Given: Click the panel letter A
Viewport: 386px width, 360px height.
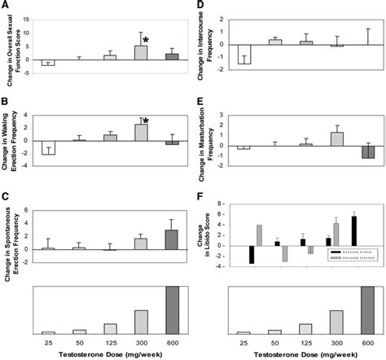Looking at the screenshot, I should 5,6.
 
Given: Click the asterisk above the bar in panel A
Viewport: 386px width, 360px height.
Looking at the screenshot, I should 146,39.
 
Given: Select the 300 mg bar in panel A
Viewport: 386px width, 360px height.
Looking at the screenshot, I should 141,52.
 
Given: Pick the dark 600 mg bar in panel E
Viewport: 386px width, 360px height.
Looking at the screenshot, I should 367,152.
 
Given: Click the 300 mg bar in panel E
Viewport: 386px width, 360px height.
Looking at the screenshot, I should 336,139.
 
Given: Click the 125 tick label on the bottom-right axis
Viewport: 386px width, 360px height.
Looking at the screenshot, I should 305,342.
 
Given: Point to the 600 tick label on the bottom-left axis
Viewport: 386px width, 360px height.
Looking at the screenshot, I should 172,342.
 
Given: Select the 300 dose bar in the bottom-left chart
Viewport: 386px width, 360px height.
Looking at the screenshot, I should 141,322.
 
